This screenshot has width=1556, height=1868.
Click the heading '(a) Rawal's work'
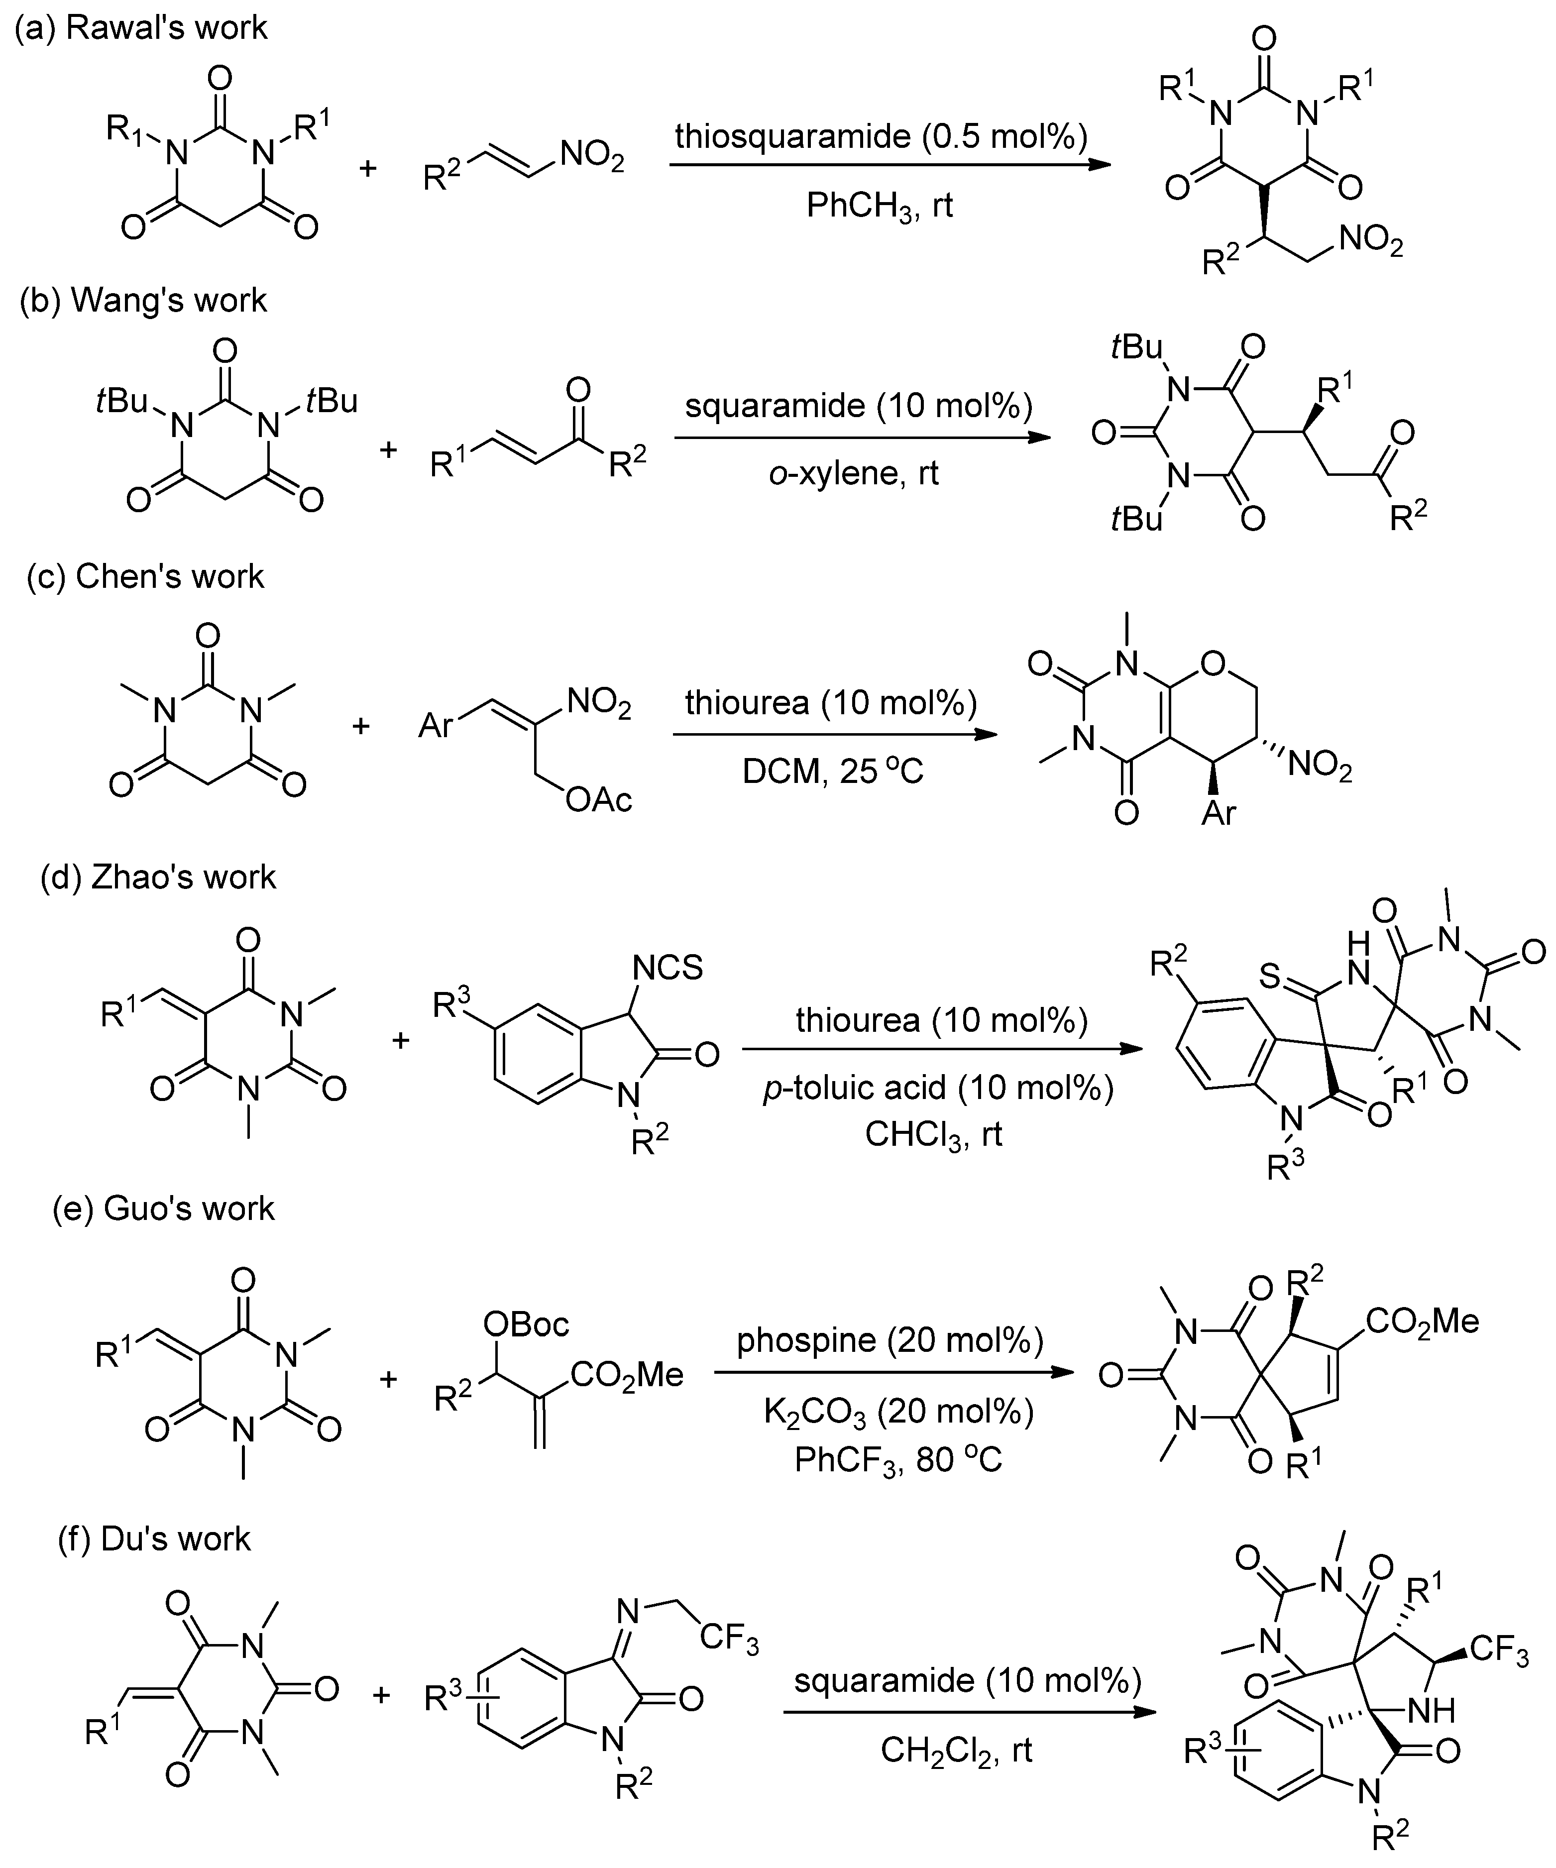click(140, 27)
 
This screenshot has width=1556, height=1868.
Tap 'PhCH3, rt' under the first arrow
click(879, 206)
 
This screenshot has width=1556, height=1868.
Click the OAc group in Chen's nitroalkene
click(598, 800)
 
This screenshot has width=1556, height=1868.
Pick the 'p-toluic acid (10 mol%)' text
click(939, 1088)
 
